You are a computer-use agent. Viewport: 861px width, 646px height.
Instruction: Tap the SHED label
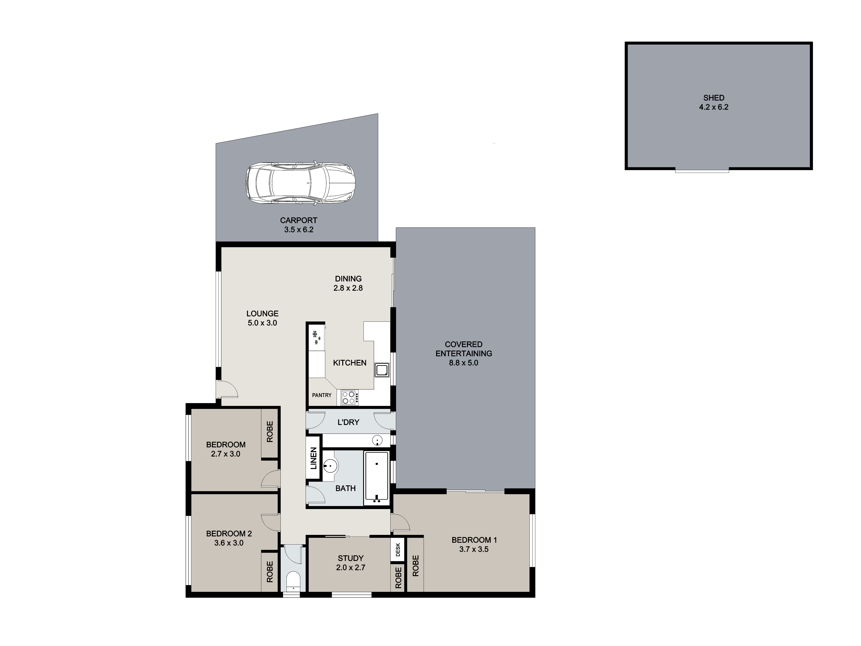(x=714, y=98)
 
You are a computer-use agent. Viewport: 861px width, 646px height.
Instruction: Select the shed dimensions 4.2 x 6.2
(x=714, y=107)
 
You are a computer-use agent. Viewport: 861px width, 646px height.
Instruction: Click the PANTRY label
(x=322, y=395)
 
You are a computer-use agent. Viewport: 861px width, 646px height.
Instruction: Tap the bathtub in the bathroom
(x=376, y=478)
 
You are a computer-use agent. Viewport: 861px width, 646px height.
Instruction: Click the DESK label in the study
(x=398, y=550)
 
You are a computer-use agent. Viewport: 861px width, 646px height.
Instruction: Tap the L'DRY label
(x=348, y=422)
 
